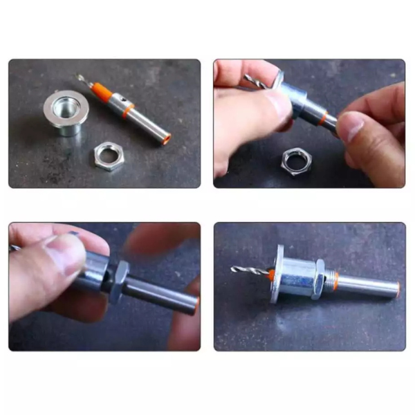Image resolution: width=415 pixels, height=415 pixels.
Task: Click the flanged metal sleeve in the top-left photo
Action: pos(66,114)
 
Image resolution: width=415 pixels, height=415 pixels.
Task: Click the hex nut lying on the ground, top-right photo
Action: pos(296,162)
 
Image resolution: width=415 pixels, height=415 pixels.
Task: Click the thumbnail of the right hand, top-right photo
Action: pos(351,126)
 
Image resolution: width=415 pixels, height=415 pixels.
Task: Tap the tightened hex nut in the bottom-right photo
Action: pos(318,278)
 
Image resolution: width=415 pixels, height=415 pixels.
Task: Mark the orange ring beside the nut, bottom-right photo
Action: pos(335,280)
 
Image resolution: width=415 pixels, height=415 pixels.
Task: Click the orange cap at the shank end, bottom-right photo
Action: pos(397,288)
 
